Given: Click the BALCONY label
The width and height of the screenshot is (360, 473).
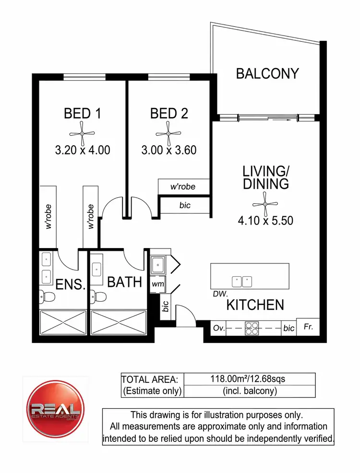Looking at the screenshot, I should tap(267, 73).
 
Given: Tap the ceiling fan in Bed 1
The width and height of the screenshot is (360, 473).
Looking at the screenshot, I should tap(83, 133).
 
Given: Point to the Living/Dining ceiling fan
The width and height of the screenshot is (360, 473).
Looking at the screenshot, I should tap(265, 205).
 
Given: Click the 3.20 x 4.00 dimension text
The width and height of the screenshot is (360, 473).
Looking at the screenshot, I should tap(83, 150).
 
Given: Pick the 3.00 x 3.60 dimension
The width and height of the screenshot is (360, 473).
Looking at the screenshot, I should tap(168, 150).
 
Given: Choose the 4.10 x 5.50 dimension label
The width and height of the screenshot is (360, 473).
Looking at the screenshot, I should tap(265, 221).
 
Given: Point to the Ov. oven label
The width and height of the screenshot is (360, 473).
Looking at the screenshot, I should tap(219, 329).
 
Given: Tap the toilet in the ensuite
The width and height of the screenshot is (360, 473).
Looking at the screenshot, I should tap(47, 296).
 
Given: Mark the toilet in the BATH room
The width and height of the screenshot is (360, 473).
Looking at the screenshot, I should tap(98, 296).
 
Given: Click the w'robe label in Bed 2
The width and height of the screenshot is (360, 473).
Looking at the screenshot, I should tap(183, 186).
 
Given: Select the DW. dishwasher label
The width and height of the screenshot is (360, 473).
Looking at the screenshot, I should tap(221, 293).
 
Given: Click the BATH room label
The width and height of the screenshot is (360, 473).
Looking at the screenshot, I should tap(124, 282).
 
